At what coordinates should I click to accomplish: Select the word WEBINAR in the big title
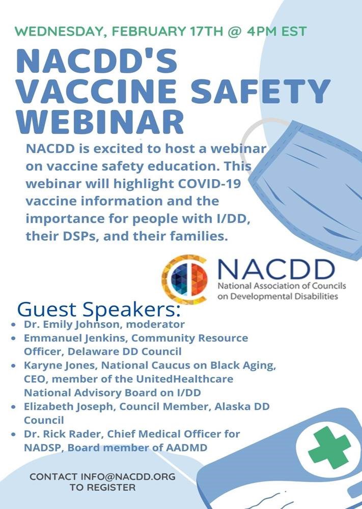click(x=100, y=122)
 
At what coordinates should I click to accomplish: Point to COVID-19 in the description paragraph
click(x=209, y=183)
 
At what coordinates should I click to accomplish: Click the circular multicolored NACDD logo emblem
click(x=184, y=279)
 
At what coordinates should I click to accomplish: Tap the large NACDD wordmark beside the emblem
click(x=276, y=270)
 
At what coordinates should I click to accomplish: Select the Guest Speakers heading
click(x=98, y=309)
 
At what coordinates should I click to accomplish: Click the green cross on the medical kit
click(x=329, y=447)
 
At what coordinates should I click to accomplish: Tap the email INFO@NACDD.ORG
click(x=128, y=476)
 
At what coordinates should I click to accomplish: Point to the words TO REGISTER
click(x=103, y=487)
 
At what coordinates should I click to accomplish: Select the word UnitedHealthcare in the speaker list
click(x=184, y=379)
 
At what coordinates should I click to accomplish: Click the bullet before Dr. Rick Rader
click(x=13, y=434)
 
